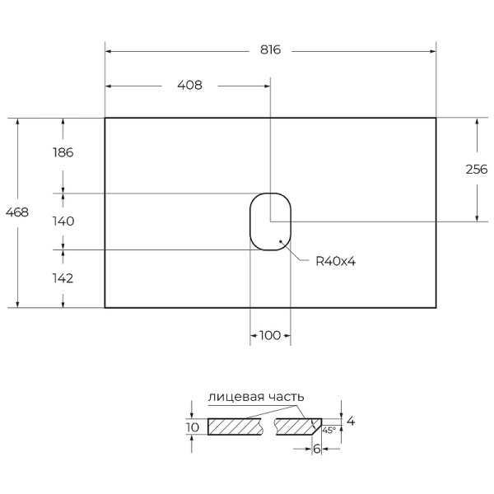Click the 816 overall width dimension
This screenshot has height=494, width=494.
(x=271, y=50)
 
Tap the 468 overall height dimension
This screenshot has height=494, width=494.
(x=17, y=212)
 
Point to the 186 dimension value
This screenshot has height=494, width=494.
(x=63, y=152)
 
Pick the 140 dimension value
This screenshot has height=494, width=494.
(x=63, y=221)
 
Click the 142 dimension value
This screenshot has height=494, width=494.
(x=63, y=278)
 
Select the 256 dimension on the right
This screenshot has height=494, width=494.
(x=477, y=170)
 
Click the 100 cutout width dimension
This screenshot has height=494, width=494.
(x=270, y=335)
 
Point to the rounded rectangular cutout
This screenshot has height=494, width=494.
(x=270, y=221)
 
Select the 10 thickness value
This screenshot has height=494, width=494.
(x=193, y=426)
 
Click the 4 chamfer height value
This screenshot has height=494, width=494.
(x=351, y=421)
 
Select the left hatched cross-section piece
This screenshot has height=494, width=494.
(x=235, y=426)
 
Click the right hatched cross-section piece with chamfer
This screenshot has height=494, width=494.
(x=296, y=426)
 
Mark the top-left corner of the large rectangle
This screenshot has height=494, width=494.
(x=105, y=118)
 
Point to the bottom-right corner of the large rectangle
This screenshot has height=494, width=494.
(x=436, y=307)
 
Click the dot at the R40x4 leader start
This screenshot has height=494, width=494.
(x=282, y=242)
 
